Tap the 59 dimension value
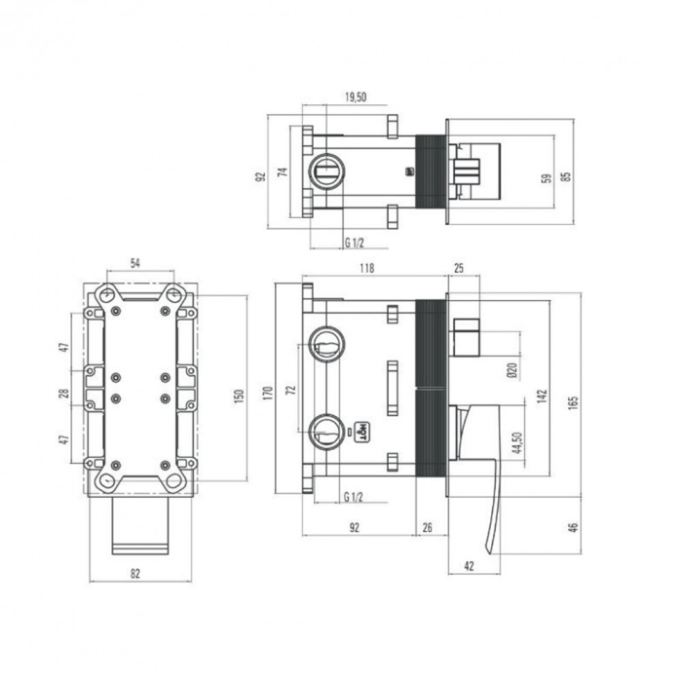pyautogui.click(x=547, y=177)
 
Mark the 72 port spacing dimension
pyautogui.click(x=289, y=389)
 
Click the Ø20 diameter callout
pyautogui.click(x=512, y=369)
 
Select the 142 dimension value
pyautogui.click(x=543, y=397)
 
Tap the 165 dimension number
pyautogui.click(x=574, y=400)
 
